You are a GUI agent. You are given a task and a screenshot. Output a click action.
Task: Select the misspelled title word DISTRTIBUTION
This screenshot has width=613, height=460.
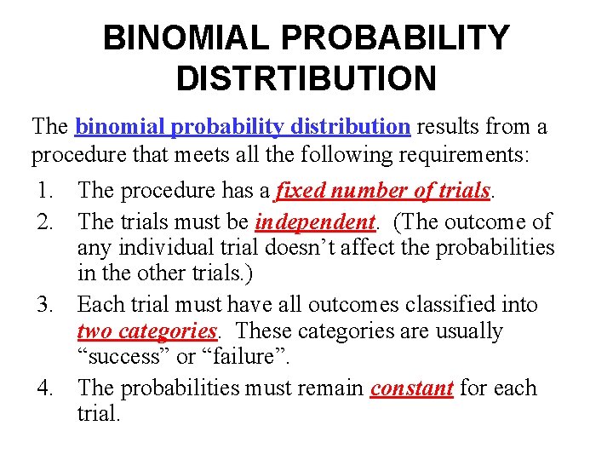[306, 79]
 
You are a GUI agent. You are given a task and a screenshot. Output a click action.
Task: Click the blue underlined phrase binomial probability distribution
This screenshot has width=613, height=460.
[243, 127]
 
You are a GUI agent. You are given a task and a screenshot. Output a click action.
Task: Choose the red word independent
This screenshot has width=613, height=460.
[315, 221]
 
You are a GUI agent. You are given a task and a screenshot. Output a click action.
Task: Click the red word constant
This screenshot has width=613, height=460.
[411, 388]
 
